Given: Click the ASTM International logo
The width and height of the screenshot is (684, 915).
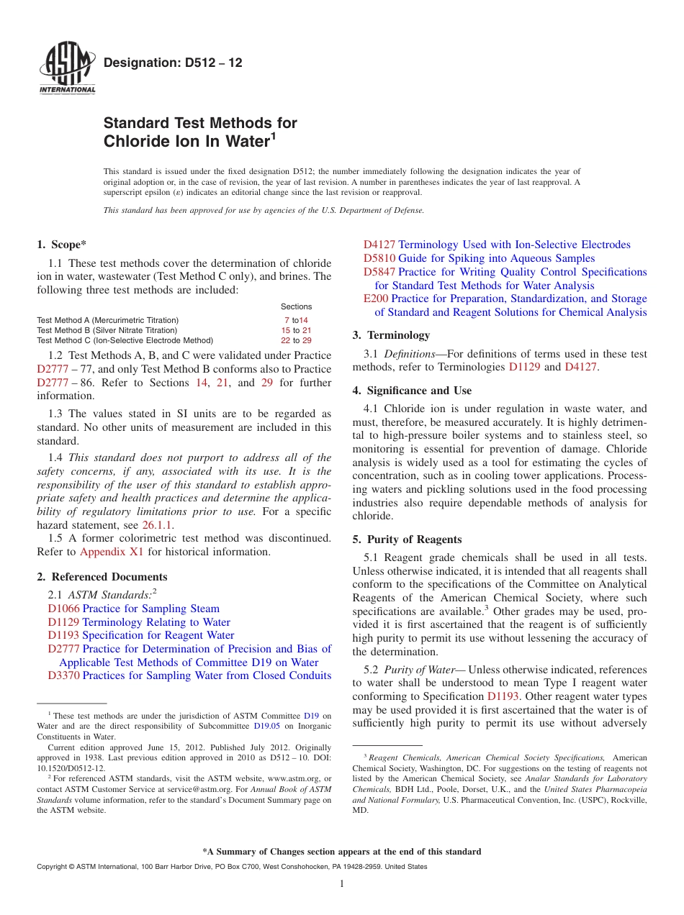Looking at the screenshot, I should point(67,68).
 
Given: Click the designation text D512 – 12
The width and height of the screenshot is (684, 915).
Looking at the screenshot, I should point(173,63).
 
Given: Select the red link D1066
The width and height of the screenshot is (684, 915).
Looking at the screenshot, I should point(63,609).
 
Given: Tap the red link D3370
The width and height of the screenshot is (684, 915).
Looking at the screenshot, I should point(63,675).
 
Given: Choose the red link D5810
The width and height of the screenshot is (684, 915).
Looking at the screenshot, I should point(379,258).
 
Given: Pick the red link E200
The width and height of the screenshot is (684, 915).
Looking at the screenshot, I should point(376,299).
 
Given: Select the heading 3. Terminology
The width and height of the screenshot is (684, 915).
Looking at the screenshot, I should point(391,335).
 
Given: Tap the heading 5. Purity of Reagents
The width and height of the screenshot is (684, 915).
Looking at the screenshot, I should point(407,540).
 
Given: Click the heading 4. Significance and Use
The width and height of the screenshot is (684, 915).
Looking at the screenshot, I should point(412,391).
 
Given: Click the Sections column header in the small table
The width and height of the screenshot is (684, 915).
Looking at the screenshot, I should point(296,306).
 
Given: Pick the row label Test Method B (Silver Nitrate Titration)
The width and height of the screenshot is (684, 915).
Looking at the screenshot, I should point(108,330).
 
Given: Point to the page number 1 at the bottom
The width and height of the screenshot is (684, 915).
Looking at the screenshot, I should point(342,884).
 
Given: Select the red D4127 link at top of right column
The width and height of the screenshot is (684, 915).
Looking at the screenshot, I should point(379,245).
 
